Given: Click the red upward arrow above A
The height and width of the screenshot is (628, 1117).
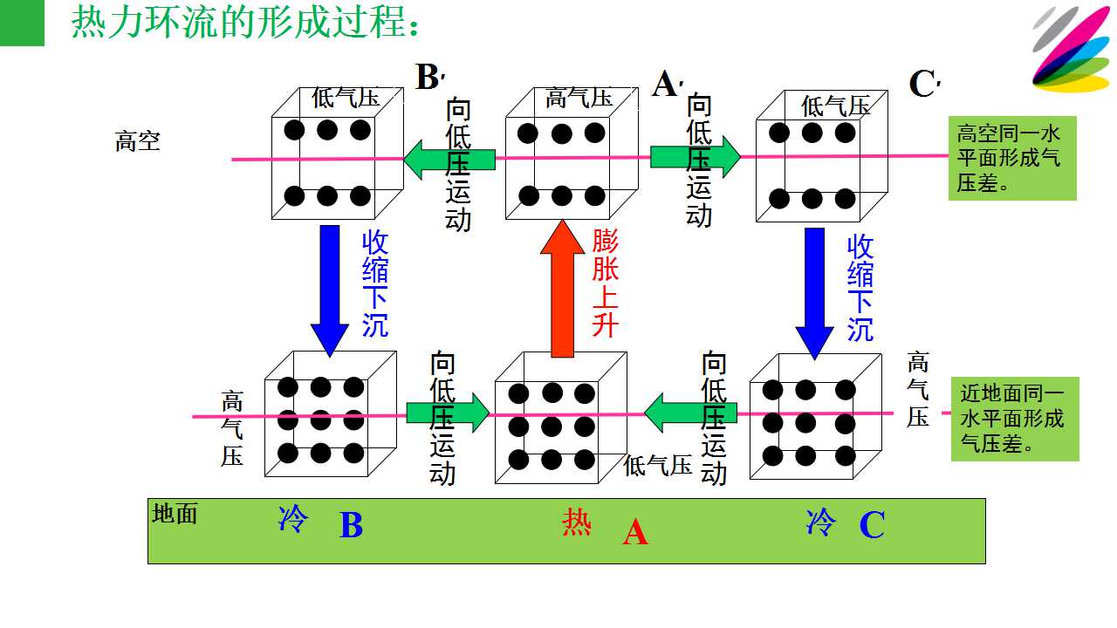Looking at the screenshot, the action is click(563, 289).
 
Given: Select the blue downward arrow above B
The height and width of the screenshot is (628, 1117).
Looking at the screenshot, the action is click(330, 291).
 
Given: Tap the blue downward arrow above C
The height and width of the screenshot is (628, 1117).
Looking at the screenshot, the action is click(814, 294).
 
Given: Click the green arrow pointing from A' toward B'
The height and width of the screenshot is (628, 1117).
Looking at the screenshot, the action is click(449, 160).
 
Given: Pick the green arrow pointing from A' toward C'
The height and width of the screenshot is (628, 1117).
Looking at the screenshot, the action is click(696, 157).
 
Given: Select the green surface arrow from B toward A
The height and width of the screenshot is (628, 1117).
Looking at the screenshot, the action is click(448, 413).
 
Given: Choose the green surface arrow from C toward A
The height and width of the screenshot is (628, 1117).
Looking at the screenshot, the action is click(690, 413).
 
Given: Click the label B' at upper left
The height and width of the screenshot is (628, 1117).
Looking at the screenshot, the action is click(430, 78).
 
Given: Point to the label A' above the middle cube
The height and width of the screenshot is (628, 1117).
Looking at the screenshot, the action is click(668, 83).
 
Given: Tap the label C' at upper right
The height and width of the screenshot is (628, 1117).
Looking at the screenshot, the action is click(924, 83).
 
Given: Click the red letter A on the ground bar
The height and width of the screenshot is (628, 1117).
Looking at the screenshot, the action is click(635, 532).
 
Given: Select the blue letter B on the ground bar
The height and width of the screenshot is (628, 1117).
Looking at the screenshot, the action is click(352, 525).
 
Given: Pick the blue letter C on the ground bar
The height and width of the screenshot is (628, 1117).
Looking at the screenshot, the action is click(872, 524).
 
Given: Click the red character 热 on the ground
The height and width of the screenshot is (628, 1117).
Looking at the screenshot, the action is click(577, 522).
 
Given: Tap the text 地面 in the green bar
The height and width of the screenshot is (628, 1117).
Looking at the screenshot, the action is click(175, 514).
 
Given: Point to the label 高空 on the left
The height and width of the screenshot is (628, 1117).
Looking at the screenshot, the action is click(138, 141).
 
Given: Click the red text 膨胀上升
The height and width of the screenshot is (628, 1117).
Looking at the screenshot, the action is click(605, 283).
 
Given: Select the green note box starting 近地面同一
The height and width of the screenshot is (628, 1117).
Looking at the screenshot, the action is click(1015, 420).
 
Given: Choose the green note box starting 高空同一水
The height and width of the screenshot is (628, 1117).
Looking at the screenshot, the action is click(1012, 159).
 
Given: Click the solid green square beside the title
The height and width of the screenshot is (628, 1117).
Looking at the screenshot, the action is click(22, 23).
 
